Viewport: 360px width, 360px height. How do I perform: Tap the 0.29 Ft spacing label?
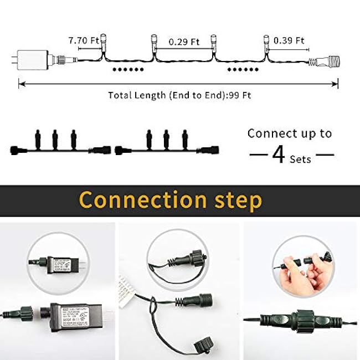point(184,41)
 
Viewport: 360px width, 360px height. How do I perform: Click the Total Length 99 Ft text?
point(179,95)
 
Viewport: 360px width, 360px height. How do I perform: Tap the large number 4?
point(278,156)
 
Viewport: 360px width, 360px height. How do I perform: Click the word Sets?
point(301,159)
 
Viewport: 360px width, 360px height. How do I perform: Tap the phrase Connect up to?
point(290,133)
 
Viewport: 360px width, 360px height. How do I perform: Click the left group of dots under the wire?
point(128,70)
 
